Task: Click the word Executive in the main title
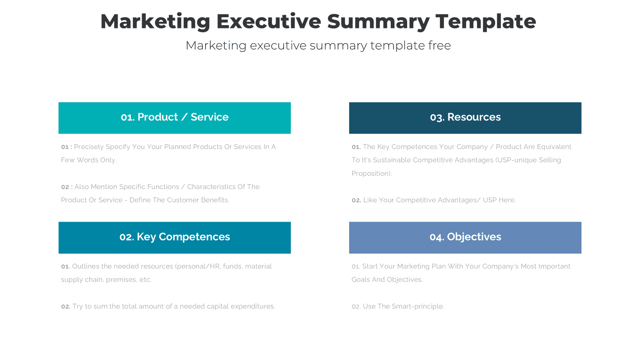tap(268, 22)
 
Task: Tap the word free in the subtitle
tap(439, 46)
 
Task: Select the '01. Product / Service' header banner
tap(174, 118)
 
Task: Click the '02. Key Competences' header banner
tap(174, 237)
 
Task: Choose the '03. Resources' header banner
tap(465, 118)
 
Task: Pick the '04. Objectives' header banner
tap(465, 237)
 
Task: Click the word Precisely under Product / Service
tap(89, 147)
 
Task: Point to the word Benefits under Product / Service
tap(215, 200)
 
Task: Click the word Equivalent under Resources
tap(554, 147)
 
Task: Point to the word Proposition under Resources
tap(371, 174)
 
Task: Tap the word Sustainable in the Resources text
tap(392, 160)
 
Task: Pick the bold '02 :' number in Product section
tap(66, 187)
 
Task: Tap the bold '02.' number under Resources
tap(356, 200)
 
